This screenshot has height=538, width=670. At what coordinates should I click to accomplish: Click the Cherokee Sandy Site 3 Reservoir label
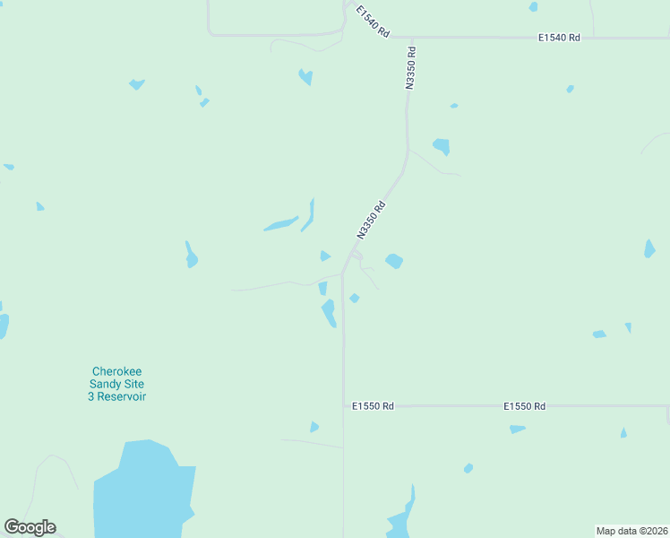tap(117, 384)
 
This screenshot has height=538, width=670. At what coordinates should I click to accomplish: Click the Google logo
tap(30, 527)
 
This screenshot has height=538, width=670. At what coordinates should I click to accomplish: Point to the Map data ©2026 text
tap(632, 531)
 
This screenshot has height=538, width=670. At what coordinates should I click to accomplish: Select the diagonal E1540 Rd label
tap(372, 22)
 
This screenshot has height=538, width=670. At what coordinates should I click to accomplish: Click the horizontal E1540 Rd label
tap(559, 38)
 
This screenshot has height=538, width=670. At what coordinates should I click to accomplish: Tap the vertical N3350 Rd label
tap(410, 68)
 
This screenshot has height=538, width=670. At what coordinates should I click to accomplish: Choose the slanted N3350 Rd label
tap(371, 220)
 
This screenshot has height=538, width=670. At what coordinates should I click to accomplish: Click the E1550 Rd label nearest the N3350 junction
tap(374, 406)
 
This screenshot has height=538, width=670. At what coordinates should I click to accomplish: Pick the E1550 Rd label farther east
tap(524, 406)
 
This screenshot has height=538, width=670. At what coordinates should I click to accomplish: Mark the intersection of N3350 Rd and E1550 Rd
tap(343, 406)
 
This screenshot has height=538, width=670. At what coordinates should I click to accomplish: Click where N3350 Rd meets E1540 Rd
tap(412, 38)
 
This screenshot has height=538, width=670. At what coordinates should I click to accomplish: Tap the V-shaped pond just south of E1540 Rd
tap(306, 76)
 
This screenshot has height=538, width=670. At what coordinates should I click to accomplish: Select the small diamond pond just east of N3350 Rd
tap(355, 298)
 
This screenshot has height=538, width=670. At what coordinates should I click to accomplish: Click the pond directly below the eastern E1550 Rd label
tap(517, 430)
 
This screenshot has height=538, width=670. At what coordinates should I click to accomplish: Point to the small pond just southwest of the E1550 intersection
tap(314, 427)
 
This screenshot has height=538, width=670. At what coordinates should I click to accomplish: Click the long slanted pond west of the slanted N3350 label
tap(281, 223)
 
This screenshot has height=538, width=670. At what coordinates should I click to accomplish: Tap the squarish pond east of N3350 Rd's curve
tap(441, 146)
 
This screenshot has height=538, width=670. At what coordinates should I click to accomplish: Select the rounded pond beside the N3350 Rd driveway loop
tap(393, 261)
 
